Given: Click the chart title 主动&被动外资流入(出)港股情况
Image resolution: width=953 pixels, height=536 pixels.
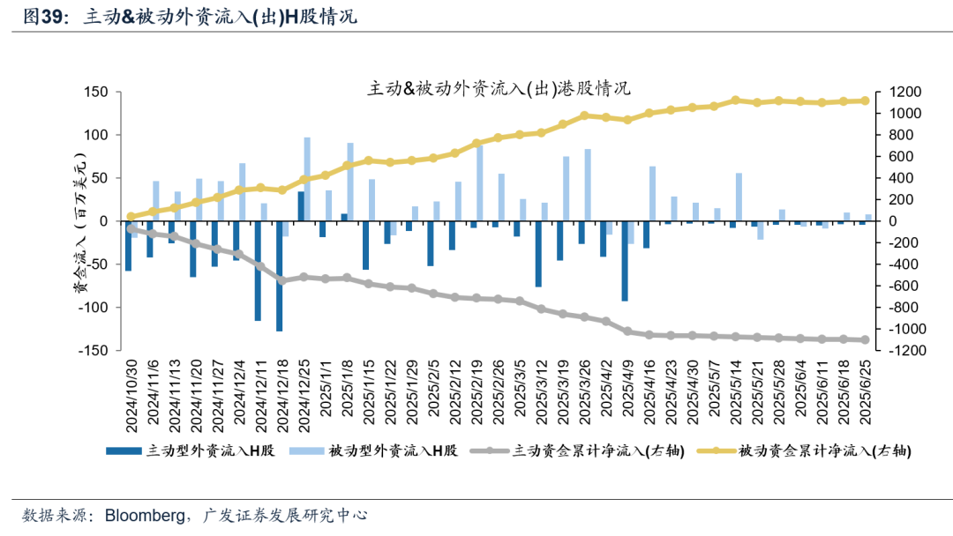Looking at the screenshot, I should (499, 89).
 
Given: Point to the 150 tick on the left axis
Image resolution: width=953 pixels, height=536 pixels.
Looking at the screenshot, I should (97, 93).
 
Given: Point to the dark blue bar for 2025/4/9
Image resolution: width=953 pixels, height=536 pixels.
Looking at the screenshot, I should (625, 261).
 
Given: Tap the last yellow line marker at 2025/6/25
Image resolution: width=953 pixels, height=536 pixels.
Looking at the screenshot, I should (865, 100).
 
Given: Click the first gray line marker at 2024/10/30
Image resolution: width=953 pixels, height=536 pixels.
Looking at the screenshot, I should (131, 228).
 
